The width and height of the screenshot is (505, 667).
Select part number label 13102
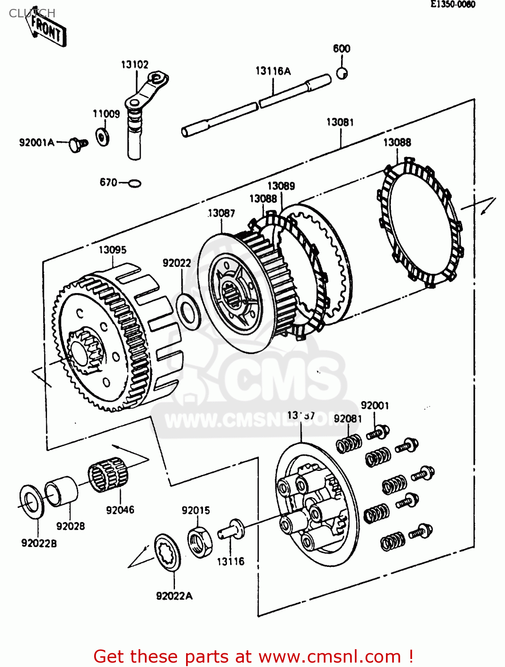coord(135,64)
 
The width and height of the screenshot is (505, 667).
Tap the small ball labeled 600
coord(342,73)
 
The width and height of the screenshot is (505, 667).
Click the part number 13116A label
coord(273,71)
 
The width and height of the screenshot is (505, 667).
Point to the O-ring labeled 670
coord(134,183)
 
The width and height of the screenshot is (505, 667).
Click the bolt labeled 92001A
coord(79,144)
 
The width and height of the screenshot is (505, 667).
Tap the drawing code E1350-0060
coord(453,4)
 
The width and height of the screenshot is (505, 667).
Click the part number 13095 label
coord(112,250)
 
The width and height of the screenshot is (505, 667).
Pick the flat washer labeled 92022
coord(189,311)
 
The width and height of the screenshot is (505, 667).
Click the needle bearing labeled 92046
coord(108,475)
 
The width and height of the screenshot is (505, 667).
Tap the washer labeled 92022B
coord(32,502)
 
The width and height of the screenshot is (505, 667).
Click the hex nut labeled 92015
coord(200,541)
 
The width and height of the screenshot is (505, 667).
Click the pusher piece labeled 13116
coord(231,530)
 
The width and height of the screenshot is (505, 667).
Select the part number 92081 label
coord(348,419)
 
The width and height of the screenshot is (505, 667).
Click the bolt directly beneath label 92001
coord(378,432)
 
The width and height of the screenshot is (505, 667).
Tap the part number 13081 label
coord(340,122)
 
